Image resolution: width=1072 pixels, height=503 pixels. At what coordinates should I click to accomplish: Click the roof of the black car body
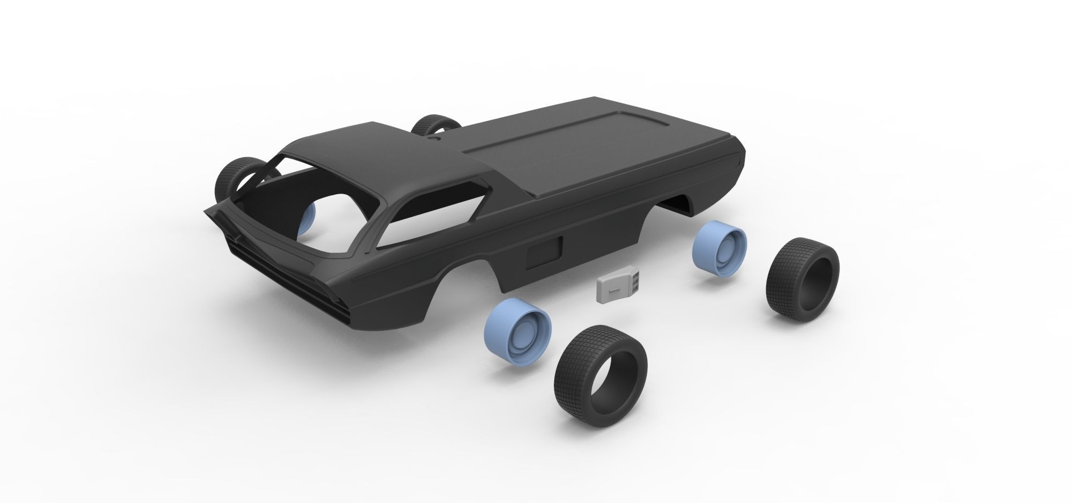(x=375, y=150)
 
